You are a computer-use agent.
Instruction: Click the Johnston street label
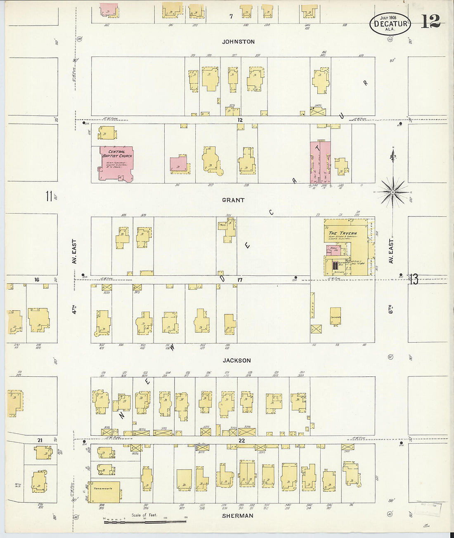(x=238, y=42)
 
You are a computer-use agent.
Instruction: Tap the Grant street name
(x=233, y=200)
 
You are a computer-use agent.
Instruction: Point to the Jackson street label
(x=236, y=360)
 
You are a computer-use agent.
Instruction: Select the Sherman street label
(x=238, y=516)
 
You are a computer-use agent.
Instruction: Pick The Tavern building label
(x=343, y=233)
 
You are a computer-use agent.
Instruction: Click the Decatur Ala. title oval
(x=390, y=23)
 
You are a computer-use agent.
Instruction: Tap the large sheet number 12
(x=430, y=21)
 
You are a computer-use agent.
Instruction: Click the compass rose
(x=393, y=192)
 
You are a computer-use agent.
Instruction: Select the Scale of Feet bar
(x=144, y=522)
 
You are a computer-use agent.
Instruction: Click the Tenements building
(x=106, y=491)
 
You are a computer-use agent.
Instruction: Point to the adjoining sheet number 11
(x=49, y=196)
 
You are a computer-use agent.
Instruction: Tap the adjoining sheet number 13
(x=414, y=280)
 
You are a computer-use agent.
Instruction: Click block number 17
(x=240, y=280)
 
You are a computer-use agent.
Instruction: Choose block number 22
(x=241, y=440)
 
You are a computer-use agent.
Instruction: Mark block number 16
(x=37, y=280)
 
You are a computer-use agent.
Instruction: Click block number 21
(x=40, y=440)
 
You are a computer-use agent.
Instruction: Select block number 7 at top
(x=231, y=16)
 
